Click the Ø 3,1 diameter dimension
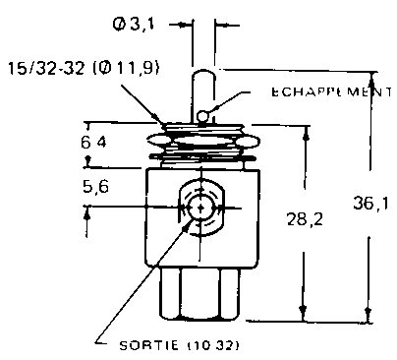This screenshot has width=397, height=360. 134,25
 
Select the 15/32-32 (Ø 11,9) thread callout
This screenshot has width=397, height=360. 84,69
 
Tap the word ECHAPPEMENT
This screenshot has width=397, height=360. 331,91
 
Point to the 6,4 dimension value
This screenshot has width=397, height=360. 93,143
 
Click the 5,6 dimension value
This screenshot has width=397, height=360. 95,187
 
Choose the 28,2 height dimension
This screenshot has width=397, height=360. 305,219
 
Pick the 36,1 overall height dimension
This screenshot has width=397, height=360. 370,203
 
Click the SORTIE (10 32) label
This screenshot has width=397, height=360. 179,345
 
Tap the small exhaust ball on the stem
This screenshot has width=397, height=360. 202,116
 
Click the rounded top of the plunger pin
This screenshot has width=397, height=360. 202,73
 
